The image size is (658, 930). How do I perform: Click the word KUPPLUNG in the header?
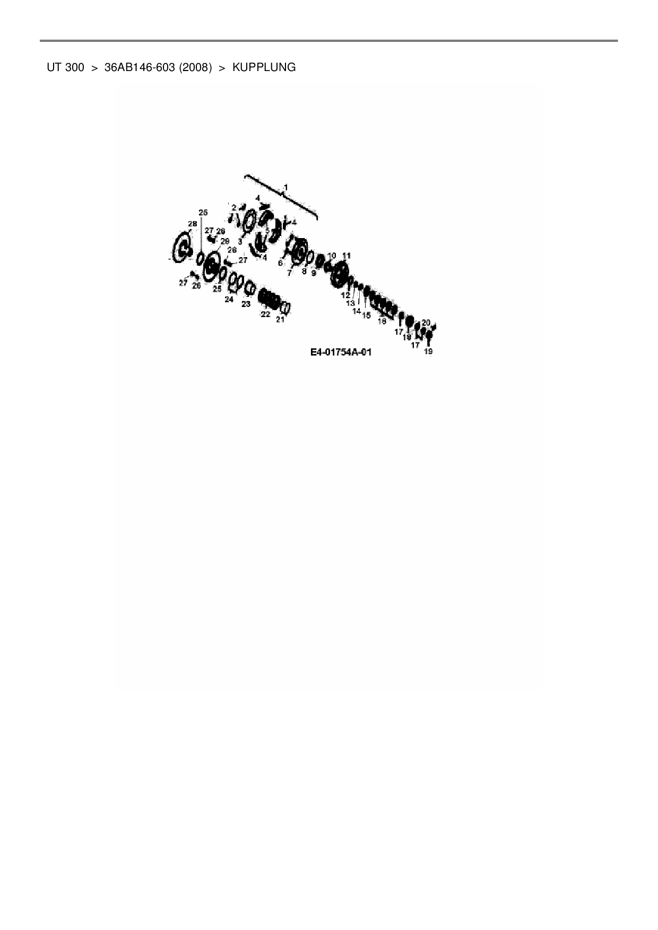[x=264, y=68]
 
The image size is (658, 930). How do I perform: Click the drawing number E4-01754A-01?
[x=341, y=352]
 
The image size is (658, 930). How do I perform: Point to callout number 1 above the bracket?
[x=285, y=187]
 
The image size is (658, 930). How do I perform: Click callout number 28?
[x=192, y=224]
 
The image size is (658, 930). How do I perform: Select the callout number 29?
[x=224, y=241]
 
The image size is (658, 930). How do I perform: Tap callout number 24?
[x=229, y=300]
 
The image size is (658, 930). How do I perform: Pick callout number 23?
[x=246, y=304]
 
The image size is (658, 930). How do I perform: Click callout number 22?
[x=265, y=314]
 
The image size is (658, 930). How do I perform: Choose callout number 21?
[x=280, y=319]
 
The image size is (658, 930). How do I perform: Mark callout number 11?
[x=347, y=256]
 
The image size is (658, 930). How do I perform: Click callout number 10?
[x=332, y=256]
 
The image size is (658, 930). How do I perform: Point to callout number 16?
[x=382, y=321]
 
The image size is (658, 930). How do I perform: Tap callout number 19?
[x=428, y=351]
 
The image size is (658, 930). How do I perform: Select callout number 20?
[x=426, y=322]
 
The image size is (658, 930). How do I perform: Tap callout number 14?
[x=357, y=311]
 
